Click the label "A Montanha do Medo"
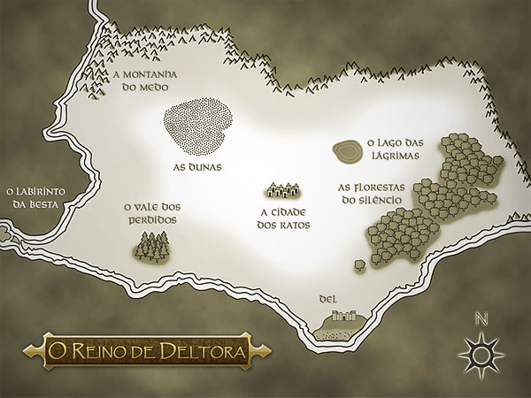[x=146, y=82]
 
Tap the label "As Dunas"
[x=196, y=165]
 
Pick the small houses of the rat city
[x=285, y=189]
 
